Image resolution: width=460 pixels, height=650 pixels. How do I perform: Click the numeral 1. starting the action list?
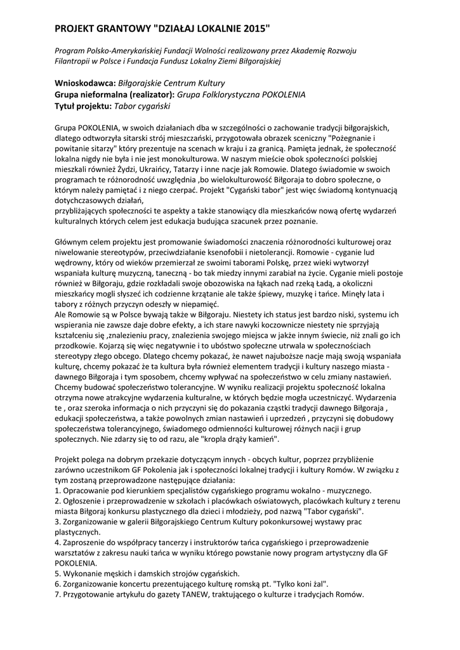58,491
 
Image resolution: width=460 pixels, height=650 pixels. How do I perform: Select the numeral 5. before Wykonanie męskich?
58,573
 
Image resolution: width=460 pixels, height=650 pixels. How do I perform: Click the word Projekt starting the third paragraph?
69,460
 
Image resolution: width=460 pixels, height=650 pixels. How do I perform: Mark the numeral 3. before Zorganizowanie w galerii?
58,521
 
